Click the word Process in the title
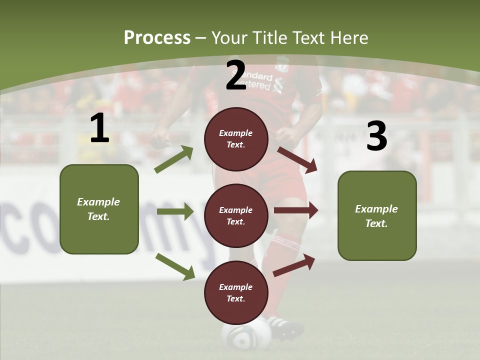tap(157, 37)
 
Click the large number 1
tap(99, 128)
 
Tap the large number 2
tap(236, 75)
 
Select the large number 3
tap(376, 136)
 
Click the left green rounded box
tap(99, 209)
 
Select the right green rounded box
tap(377, 215)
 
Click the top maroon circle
tap(236, 139)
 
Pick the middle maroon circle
tap(236, 215)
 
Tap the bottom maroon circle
tap(236, 292)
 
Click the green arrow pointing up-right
tap(174, 159)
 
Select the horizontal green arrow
tap(175, 211)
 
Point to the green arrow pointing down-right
tap(175, 266)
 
